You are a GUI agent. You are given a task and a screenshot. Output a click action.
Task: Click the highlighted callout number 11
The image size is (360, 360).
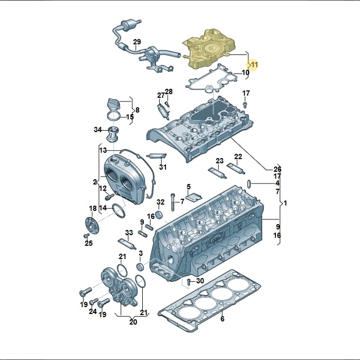click(x=254, y=64)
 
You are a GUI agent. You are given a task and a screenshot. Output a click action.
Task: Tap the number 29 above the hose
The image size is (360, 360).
click(x=137, y=42)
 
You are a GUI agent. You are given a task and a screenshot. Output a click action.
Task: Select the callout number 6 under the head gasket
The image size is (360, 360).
click(x=222, y=319)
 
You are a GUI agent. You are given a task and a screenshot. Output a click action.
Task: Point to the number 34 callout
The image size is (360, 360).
click(x=98, y=130)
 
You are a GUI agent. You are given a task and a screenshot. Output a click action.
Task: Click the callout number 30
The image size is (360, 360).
click(x=200, y=281)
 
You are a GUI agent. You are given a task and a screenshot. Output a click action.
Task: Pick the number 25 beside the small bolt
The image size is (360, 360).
click(x=89, y=243)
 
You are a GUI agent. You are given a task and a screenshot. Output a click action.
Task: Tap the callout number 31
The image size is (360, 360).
click(x=163, y=167)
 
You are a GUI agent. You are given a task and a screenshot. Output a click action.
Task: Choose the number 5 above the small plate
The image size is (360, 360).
click(x=189, y=187)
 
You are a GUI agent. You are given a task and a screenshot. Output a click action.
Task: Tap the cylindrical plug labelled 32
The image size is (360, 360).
click(x=159, y=215)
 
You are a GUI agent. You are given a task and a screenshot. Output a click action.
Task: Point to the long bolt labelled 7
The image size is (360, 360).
click(x=172, y=202)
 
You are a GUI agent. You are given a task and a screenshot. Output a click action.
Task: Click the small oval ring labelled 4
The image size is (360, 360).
click(x=248, y=183)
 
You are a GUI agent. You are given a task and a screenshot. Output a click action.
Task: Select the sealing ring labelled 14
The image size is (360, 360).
click(x=119, y=210)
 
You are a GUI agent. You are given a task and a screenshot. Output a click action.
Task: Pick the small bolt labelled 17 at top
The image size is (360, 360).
click(x=245, y=105)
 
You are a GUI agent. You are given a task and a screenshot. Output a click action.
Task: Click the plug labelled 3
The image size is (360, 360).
click(x=140, y=267)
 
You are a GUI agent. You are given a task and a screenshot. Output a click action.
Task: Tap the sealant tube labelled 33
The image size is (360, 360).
click(x=127, y=244)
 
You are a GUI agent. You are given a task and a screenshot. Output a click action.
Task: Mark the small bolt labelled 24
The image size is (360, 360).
click(x=94, y=301)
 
